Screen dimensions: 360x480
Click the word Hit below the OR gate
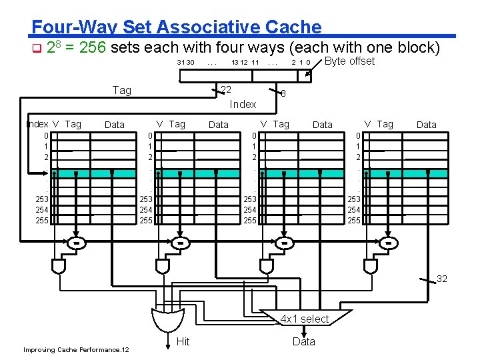click(x=183, y=341)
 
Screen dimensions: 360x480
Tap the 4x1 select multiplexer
click(x=305, y=319)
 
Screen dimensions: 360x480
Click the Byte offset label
click(x=349, y=61)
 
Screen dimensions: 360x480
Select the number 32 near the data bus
click(x=442, y=279)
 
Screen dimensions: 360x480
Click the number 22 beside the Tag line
click(x=226, y=90)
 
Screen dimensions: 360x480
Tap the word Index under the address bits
click(x=243, y=104)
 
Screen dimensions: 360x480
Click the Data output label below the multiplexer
click(x=304, y=341)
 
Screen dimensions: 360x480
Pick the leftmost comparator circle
click(x=77, y=243)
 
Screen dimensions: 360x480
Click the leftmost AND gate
click(x=59, y=266)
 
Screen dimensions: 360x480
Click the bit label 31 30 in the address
click(x=185, y=63)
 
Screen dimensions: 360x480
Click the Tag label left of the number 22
click(x=122, y=90)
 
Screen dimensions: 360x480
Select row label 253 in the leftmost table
click(x=42, y=199)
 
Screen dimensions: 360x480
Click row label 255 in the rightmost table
click(x=354, y=220)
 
